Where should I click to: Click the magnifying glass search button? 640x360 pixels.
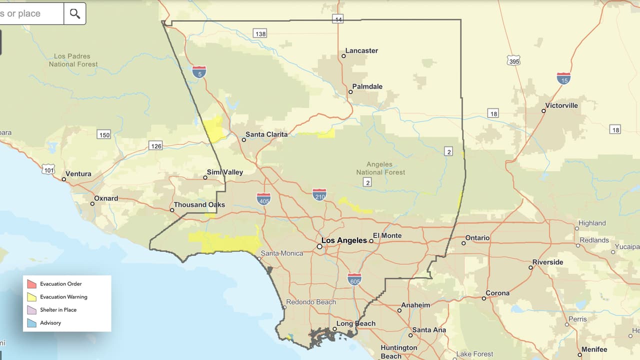(x=75, y=13)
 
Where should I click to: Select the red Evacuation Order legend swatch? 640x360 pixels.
(x=32, y=284)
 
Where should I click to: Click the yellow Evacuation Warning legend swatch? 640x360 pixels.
(x=32, y=297)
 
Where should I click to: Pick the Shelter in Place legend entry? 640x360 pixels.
(x=58, y=310)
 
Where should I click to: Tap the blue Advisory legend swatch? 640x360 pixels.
(x=32, y=323)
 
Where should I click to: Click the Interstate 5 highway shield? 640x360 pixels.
(x=199, y=71)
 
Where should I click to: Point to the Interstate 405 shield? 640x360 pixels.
(x=264, y=199)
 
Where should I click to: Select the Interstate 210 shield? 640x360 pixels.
(x=319, y=194)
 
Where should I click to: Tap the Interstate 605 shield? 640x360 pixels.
(x=354, y=279)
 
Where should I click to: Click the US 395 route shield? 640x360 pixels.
(x=513, y=60)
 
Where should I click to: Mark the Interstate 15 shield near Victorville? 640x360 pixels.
(x=563, y=78)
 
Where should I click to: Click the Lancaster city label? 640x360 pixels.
(x=361, y=50)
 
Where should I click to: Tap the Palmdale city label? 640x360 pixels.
(x=367, y=86)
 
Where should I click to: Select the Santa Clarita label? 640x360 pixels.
(x=266, y=134)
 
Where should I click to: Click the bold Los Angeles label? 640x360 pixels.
(x=344, y=240)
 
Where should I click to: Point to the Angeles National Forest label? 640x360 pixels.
(x=380, y=168)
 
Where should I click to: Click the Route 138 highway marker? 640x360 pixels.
(x=260, y=33)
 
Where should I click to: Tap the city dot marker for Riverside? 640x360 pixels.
(x=531, y=267)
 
